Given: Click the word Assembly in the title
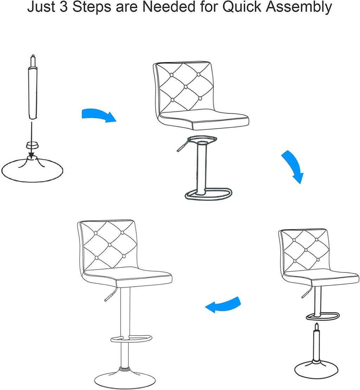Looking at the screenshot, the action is point(299,7).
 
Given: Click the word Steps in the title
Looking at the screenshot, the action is point(92,7).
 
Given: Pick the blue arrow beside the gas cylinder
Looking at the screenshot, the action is point(99,115).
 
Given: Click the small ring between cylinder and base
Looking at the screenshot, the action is point(32,145).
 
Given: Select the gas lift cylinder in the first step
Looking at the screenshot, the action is point(33,87).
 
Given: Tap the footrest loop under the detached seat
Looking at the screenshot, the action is point(208,194).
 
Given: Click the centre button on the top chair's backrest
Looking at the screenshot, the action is point(186,87).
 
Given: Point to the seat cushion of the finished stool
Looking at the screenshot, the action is point(127,277).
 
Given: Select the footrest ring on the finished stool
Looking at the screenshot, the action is point(131,339).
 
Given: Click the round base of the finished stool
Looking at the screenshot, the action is point(125,379).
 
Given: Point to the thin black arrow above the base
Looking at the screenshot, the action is point(31,139).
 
